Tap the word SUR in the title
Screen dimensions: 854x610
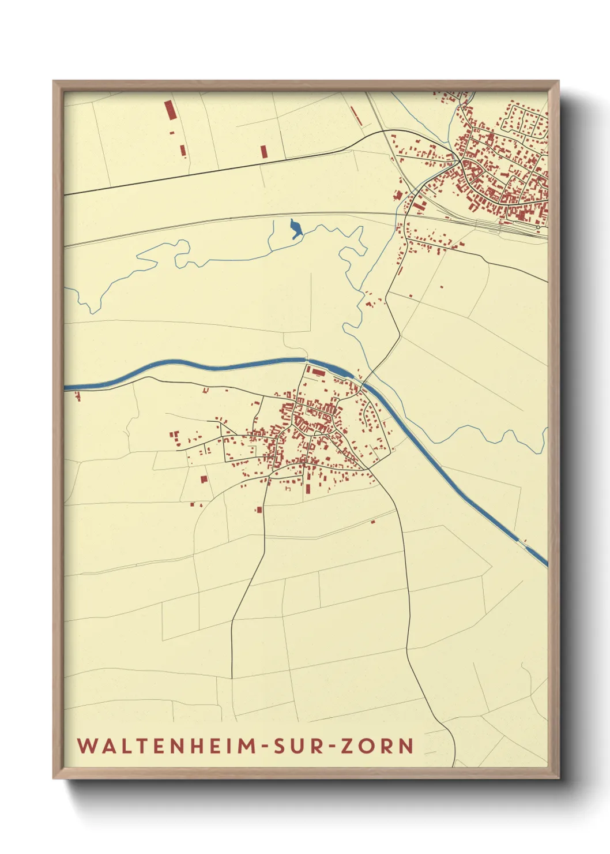coord(299,746)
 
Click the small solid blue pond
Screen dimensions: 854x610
coord(295,229)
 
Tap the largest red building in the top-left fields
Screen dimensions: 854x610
coord(169,110)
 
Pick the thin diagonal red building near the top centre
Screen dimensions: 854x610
coord(356,115)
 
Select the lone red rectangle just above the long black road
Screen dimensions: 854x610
coord(263,152)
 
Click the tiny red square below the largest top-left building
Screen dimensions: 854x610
coord(172,133)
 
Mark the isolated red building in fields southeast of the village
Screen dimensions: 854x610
coord(372,522)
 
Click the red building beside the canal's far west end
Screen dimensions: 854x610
coord(77,396)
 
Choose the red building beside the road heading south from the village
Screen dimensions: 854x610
coord(259,510)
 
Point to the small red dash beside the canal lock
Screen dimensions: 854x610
coord(359,372)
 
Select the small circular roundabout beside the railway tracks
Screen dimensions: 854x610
coord(537,227)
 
